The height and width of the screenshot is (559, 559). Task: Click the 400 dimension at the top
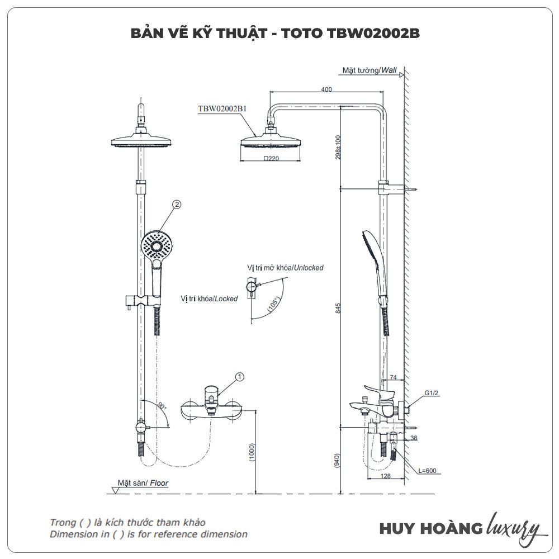click(326, 89)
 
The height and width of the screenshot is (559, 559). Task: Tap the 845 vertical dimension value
click(337, 308)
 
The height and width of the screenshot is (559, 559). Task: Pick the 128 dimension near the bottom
click(386, 476)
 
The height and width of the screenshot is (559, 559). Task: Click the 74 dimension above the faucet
click(393, 378)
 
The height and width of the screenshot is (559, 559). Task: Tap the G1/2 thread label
click(430, 393)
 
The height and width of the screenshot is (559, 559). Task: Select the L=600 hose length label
click(427, 471)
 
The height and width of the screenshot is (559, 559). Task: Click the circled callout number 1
click(240, 377)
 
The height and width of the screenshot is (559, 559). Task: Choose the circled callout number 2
click(177, 205)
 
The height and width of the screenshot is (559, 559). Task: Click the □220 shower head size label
click(271, 158)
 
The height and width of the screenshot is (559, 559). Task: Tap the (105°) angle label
click(274, 302)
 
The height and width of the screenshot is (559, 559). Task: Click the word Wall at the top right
click(390, 70)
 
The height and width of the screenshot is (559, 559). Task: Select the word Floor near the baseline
click(158, 483)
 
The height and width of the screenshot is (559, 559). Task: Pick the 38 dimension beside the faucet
click(413, 438)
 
